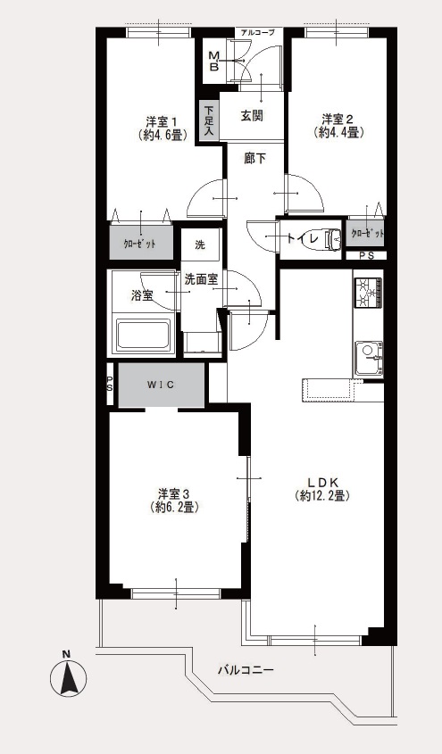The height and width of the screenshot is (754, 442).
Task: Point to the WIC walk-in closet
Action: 162,385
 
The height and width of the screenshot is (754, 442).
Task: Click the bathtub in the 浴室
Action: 144,334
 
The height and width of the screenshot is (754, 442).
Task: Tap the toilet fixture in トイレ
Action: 333,237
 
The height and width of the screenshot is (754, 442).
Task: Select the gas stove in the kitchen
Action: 369,292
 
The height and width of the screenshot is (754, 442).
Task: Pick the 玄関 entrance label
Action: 252,116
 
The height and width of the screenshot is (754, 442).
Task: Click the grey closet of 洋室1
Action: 140,243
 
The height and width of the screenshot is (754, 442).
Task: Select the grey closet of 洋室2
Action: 366,234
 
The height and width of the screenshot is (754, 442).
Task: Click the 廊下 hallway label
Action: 254,159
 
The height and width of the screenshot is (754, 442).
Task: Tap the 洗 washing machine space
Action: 201,244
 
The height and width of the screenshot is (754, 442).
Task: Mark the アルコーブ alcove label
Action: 257,33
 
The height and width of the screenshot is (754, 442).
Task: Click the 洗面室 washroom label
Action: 202,280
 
